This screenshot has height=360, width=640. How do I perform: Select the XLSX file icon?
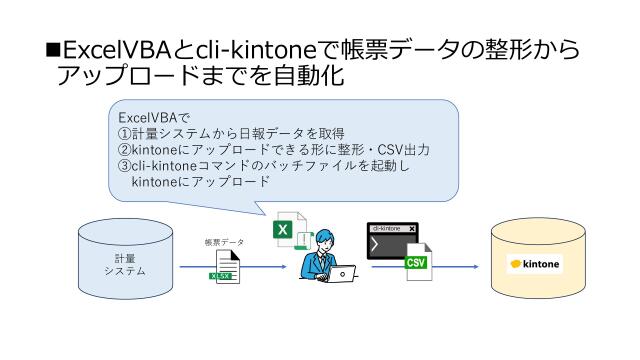224,267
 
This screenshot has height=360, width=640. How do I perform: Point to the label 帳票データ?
225,241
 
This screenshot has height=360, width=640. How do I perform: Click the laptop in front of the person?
342,274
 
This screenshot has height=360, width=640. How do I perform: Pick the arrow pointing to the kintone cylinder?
460,268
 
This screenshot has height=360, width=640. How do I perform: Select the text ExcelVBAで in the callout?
147,118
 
